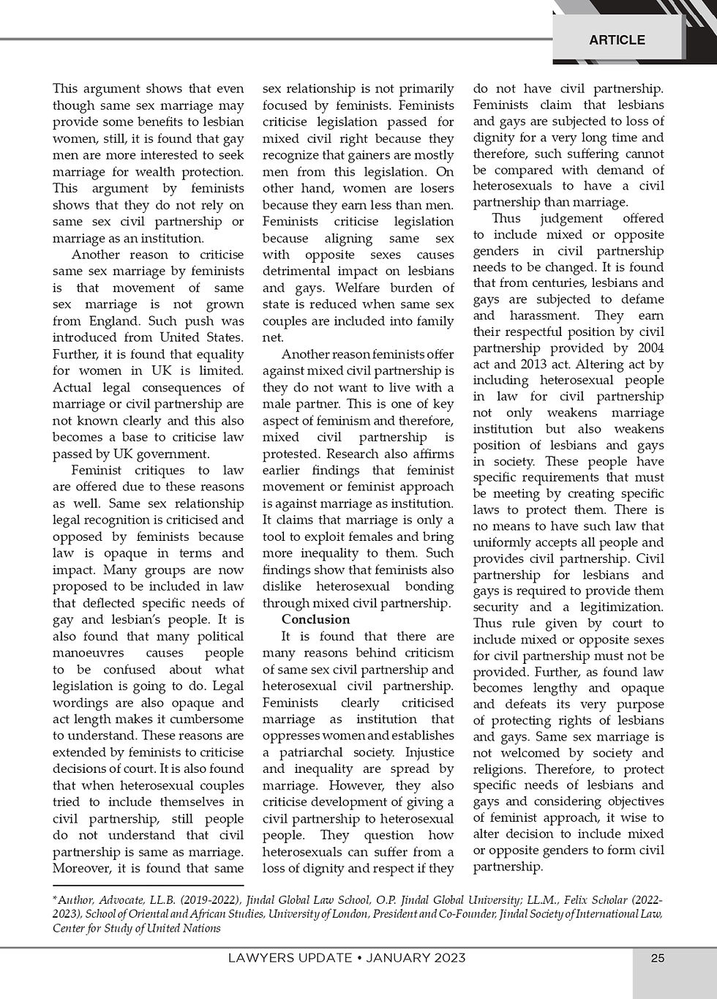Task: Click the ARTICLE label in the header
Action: click(x=617, y=40)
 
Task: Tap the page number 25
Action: click(x=658, y=959)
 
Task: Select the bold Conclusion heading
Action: click(x=316, y=619)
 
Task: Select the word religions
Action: click(x=501, y=769)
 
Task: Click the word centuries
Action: click(x=577, y=283)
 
